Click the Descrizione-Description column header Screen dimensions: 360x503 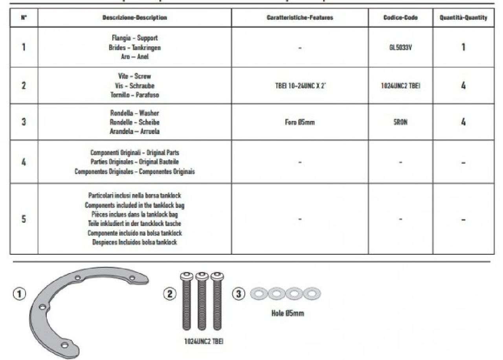point(134,18)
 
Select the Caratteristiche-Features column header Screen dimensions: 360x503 point(299,18)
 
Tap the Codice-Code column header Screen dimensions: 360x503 point(400,18)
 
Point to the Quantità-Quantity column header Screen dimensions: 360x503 point(463,18)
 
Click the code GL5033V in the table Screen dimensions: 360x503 point(400,47)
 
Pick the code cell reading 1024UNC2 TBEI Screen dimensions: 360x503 point(400,86)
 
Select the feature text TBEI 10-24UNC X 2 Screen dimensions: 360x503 point(299,86)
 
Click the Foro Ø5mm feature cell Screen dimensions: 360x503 point(299,122)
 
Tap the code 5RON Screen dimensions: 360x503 point(400,122)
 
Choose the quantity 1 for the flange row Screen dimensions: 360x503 point(463,47)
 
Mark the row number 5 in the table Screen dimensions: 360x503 point(24,219)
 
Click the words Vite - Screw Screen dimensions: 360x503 point(134,76)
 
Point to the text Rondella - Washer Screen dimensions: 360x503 point(134,113)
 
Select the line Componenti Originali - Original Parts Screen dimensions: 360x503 point(134,152)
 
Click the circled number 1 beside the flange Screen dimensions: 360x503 point(20,294)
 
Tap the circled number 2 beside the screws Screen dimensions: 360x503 point(170,294)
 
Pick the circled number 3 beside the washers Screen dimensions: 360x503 point(239,294)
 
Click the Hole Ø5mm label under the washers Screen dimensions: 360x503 point(287,313)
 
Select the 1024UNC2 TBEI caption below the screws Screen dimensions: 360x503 point(204,342)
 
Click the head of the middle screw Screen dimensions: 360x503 point(202,276)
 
